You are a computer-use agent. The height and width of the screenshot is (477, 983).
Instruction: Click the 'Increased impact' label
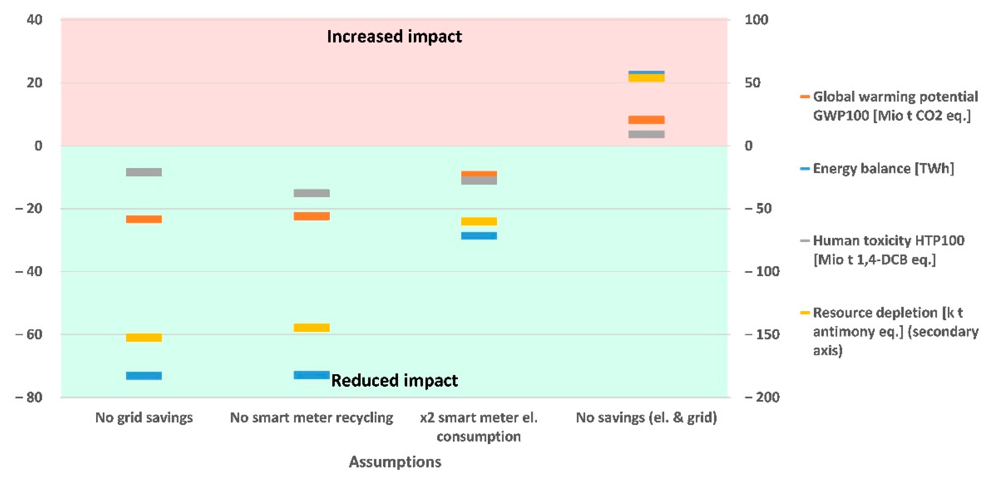(394, 37)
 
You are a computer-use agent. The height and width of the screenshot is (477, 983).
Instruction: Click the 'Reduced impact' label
(394, 380)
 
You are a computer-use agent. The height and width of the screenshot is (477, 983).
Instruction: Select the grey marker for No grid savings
(144, 172)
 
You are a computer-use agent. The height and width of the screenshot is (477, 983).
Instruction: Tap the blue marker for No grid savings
(144, 375)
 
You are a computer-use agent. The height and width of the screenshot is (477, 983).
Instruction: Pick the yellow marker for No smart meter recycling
(311, 328)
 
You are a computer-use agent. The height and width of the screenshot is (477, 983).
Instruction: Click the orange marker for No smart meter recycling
(311, 216)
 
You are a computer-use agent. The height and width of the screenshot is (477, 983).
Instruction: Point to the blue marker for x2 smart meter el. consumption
(479, 235)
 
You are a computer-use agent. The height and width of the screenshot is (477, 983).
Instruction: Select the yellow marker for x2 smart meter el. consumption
(479, 221)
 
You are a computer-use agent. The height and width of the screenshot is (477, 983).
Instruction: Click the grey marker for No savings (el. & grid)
(646, 134)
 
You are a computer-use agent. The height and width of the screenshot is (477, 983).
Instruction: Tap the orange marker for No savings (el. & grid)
(646, 120)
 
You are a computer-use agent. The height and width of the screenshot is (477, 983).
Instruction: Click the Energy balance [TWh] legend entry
(883, 168)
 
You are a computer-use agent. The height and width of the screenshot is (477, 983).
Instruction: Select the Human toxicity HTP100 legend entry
(885, 250)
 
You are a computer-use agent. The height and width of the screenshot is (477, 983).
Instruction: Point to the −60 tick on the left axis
(29, 334)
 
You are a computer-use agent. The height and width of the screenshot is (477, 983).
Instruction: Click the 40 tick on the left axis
(34, 20)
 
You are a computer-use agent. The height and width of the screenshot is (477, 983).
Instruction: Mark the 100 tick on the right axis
(756, 20)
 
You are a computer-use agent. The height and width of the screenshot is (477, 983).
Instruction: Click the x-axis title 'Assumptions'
(395, 462)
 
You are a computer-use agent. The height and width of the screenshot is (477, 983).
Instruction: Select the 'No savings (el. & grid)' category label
(646, 418)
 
